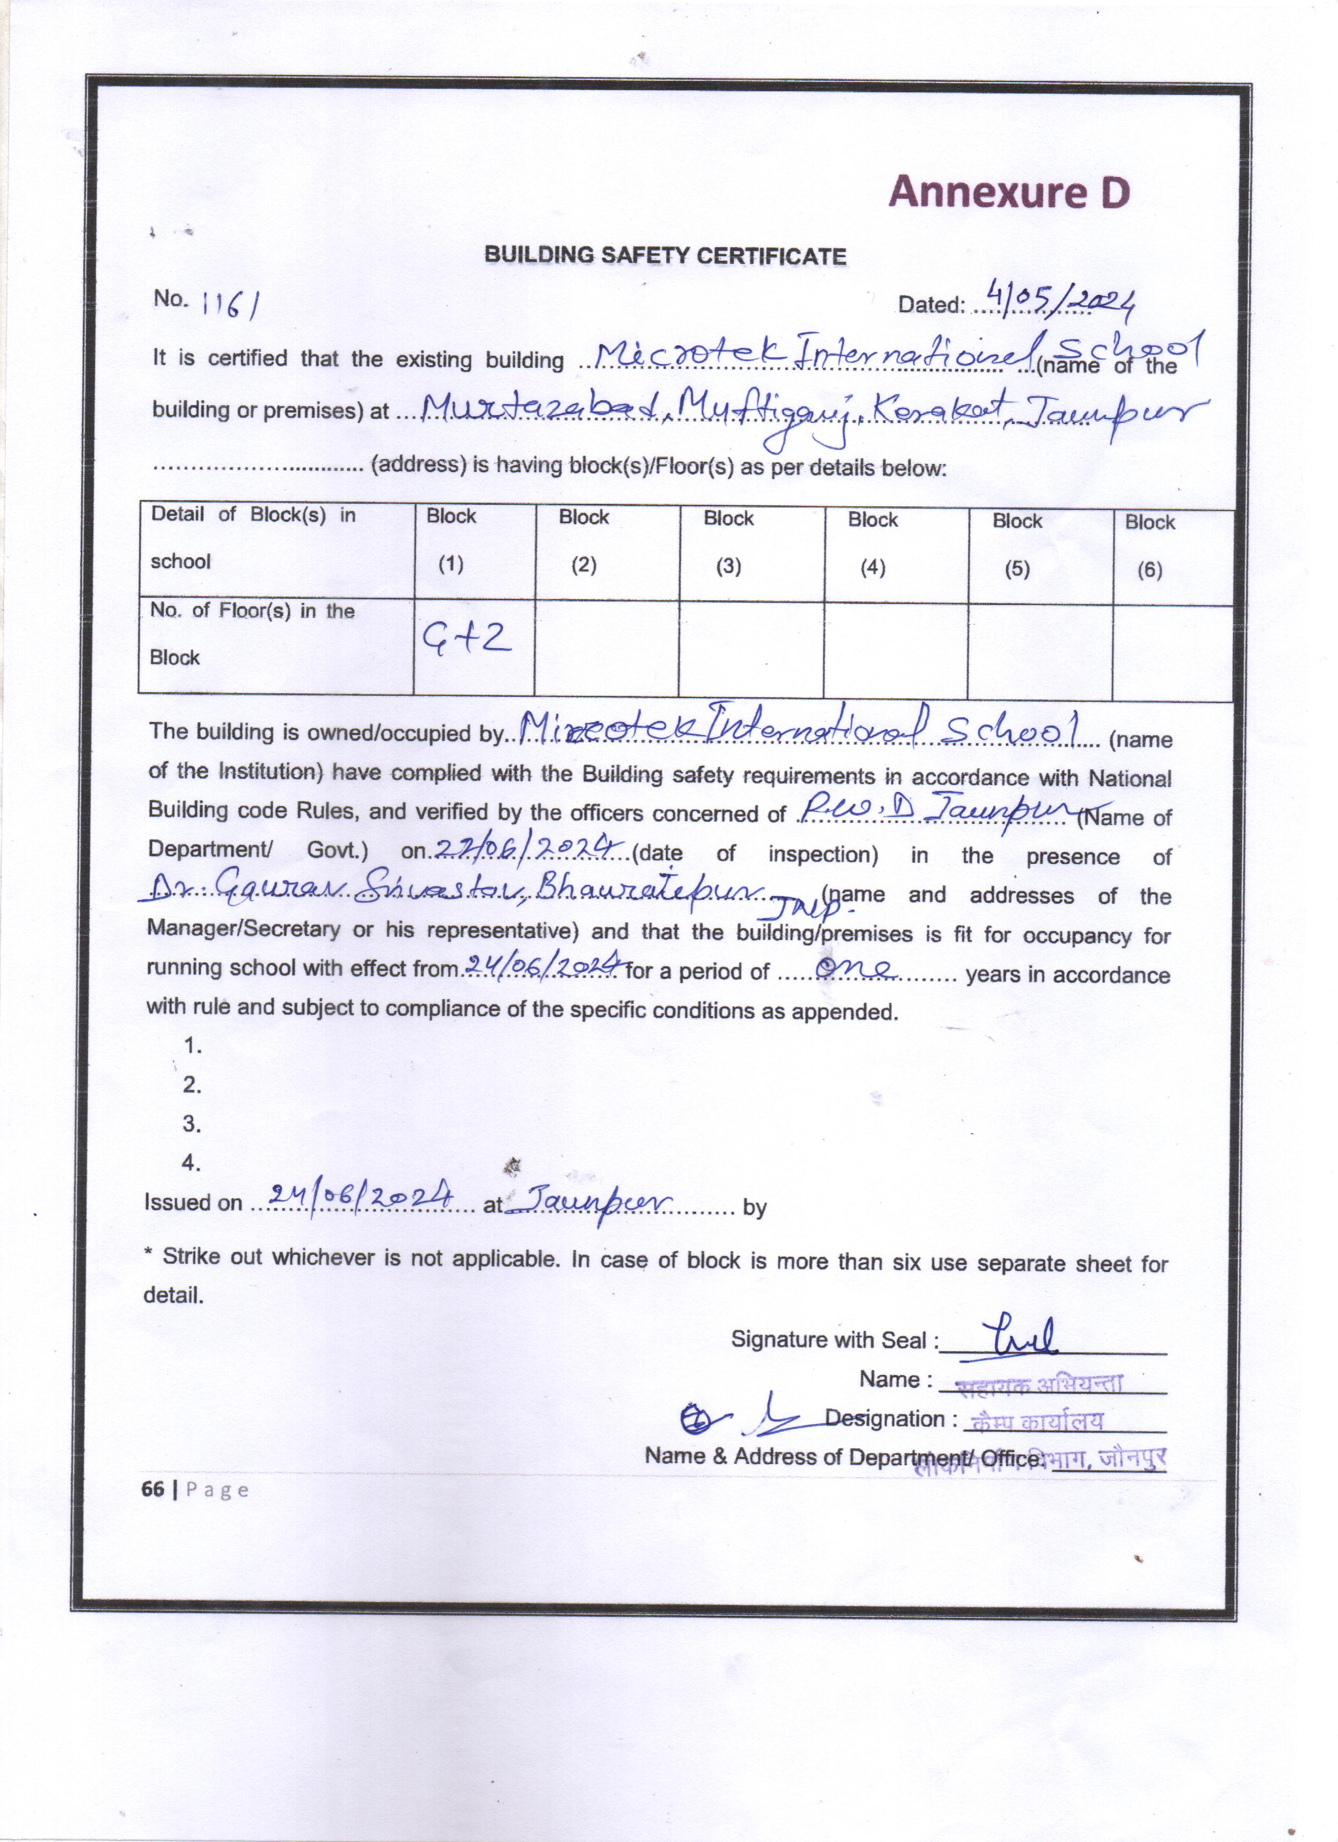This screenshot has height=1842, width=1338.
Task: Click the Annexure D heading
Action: click(x=1008, y=193)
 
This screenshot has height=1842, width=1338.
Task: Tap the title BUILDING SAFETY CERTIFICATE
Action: click(x=665, y=256)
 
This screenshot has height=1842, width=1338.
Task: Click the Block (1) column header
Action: click(x=451, y=540)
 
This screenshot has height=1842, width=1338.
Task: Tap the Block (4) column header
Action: click(x=873, y=543)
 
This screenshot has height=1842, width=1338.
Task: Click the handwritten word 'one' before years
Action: click(x=856, y=968)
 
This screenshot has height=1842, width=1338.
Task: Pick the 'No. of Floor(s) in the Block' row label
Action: click(x=252, y=633)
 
